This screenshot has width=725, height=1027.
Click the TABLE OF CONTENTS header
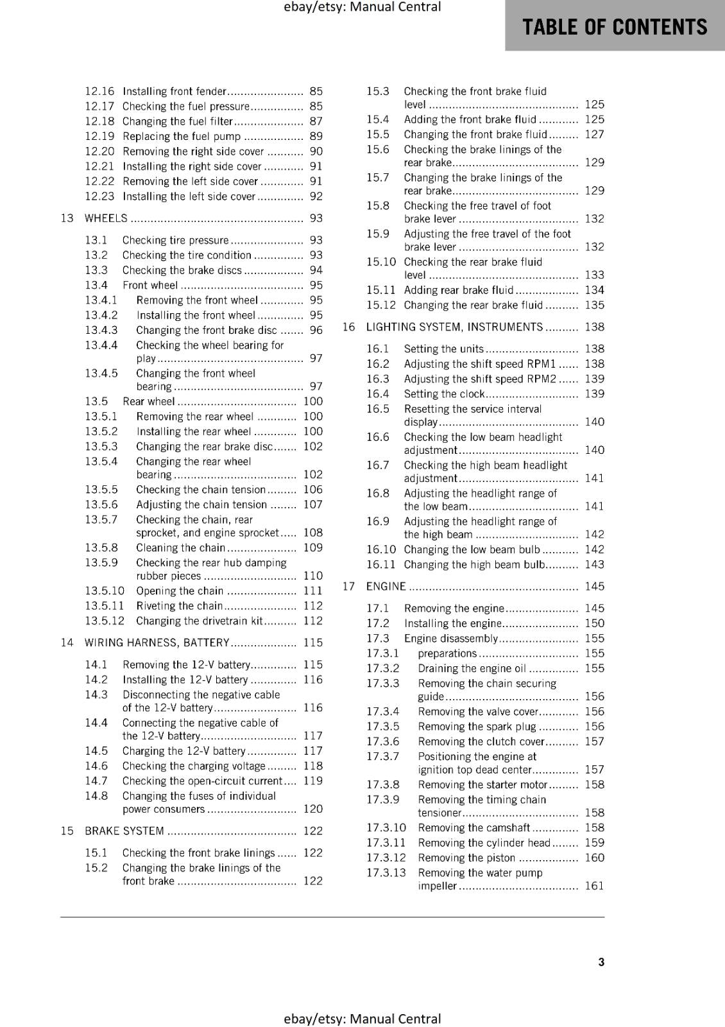(x=614, y=27)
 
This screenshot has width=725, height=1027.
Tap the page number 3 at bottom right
(x=601, y=962)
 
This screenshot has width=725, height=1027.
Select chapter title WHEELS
(x=106, y=218)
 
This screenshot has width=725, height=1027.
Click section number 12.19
(x=99, y=136)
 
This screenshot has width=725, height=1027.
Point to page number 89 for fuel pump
(x=316, y=136)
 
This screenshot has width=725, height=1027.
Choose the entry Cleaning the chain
(x=180, y=548)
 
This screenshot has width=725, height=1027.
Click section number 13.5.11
(x=105, y=605)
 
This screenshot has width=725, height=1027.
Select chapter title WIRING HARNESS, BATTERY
(x=157, y=643)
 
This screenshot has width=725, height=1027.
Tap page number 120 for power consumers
(x=312, y=809)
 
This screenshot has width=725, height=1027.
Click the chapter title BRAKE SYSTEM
(x=124, y=831)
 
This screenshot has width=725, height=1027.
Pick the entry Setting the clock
(x=444, y=394)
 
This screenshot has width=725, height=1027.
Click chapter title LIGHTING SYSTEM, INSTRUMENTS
(x=454, y=327)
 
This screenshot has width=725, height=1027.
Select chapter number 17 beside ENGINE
(x=348, y=586)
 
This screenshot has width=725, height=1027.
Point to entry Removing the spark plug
(x=477, y=727)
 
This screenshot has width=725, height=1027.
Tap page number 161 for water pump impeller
(x=594, y=886)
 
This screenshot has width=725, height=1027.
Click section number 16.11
(x=380, y=564)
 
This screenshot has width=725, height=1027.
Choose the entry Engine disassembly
(x=450, y=638)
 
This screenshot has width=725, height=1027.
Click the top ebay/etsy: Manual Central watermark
(x=362, y=7)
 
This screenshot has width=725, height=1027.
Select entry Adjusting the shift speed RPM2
(x=480, y=379)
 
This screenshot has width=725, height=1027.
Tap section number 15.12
(x=380, y=305)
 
